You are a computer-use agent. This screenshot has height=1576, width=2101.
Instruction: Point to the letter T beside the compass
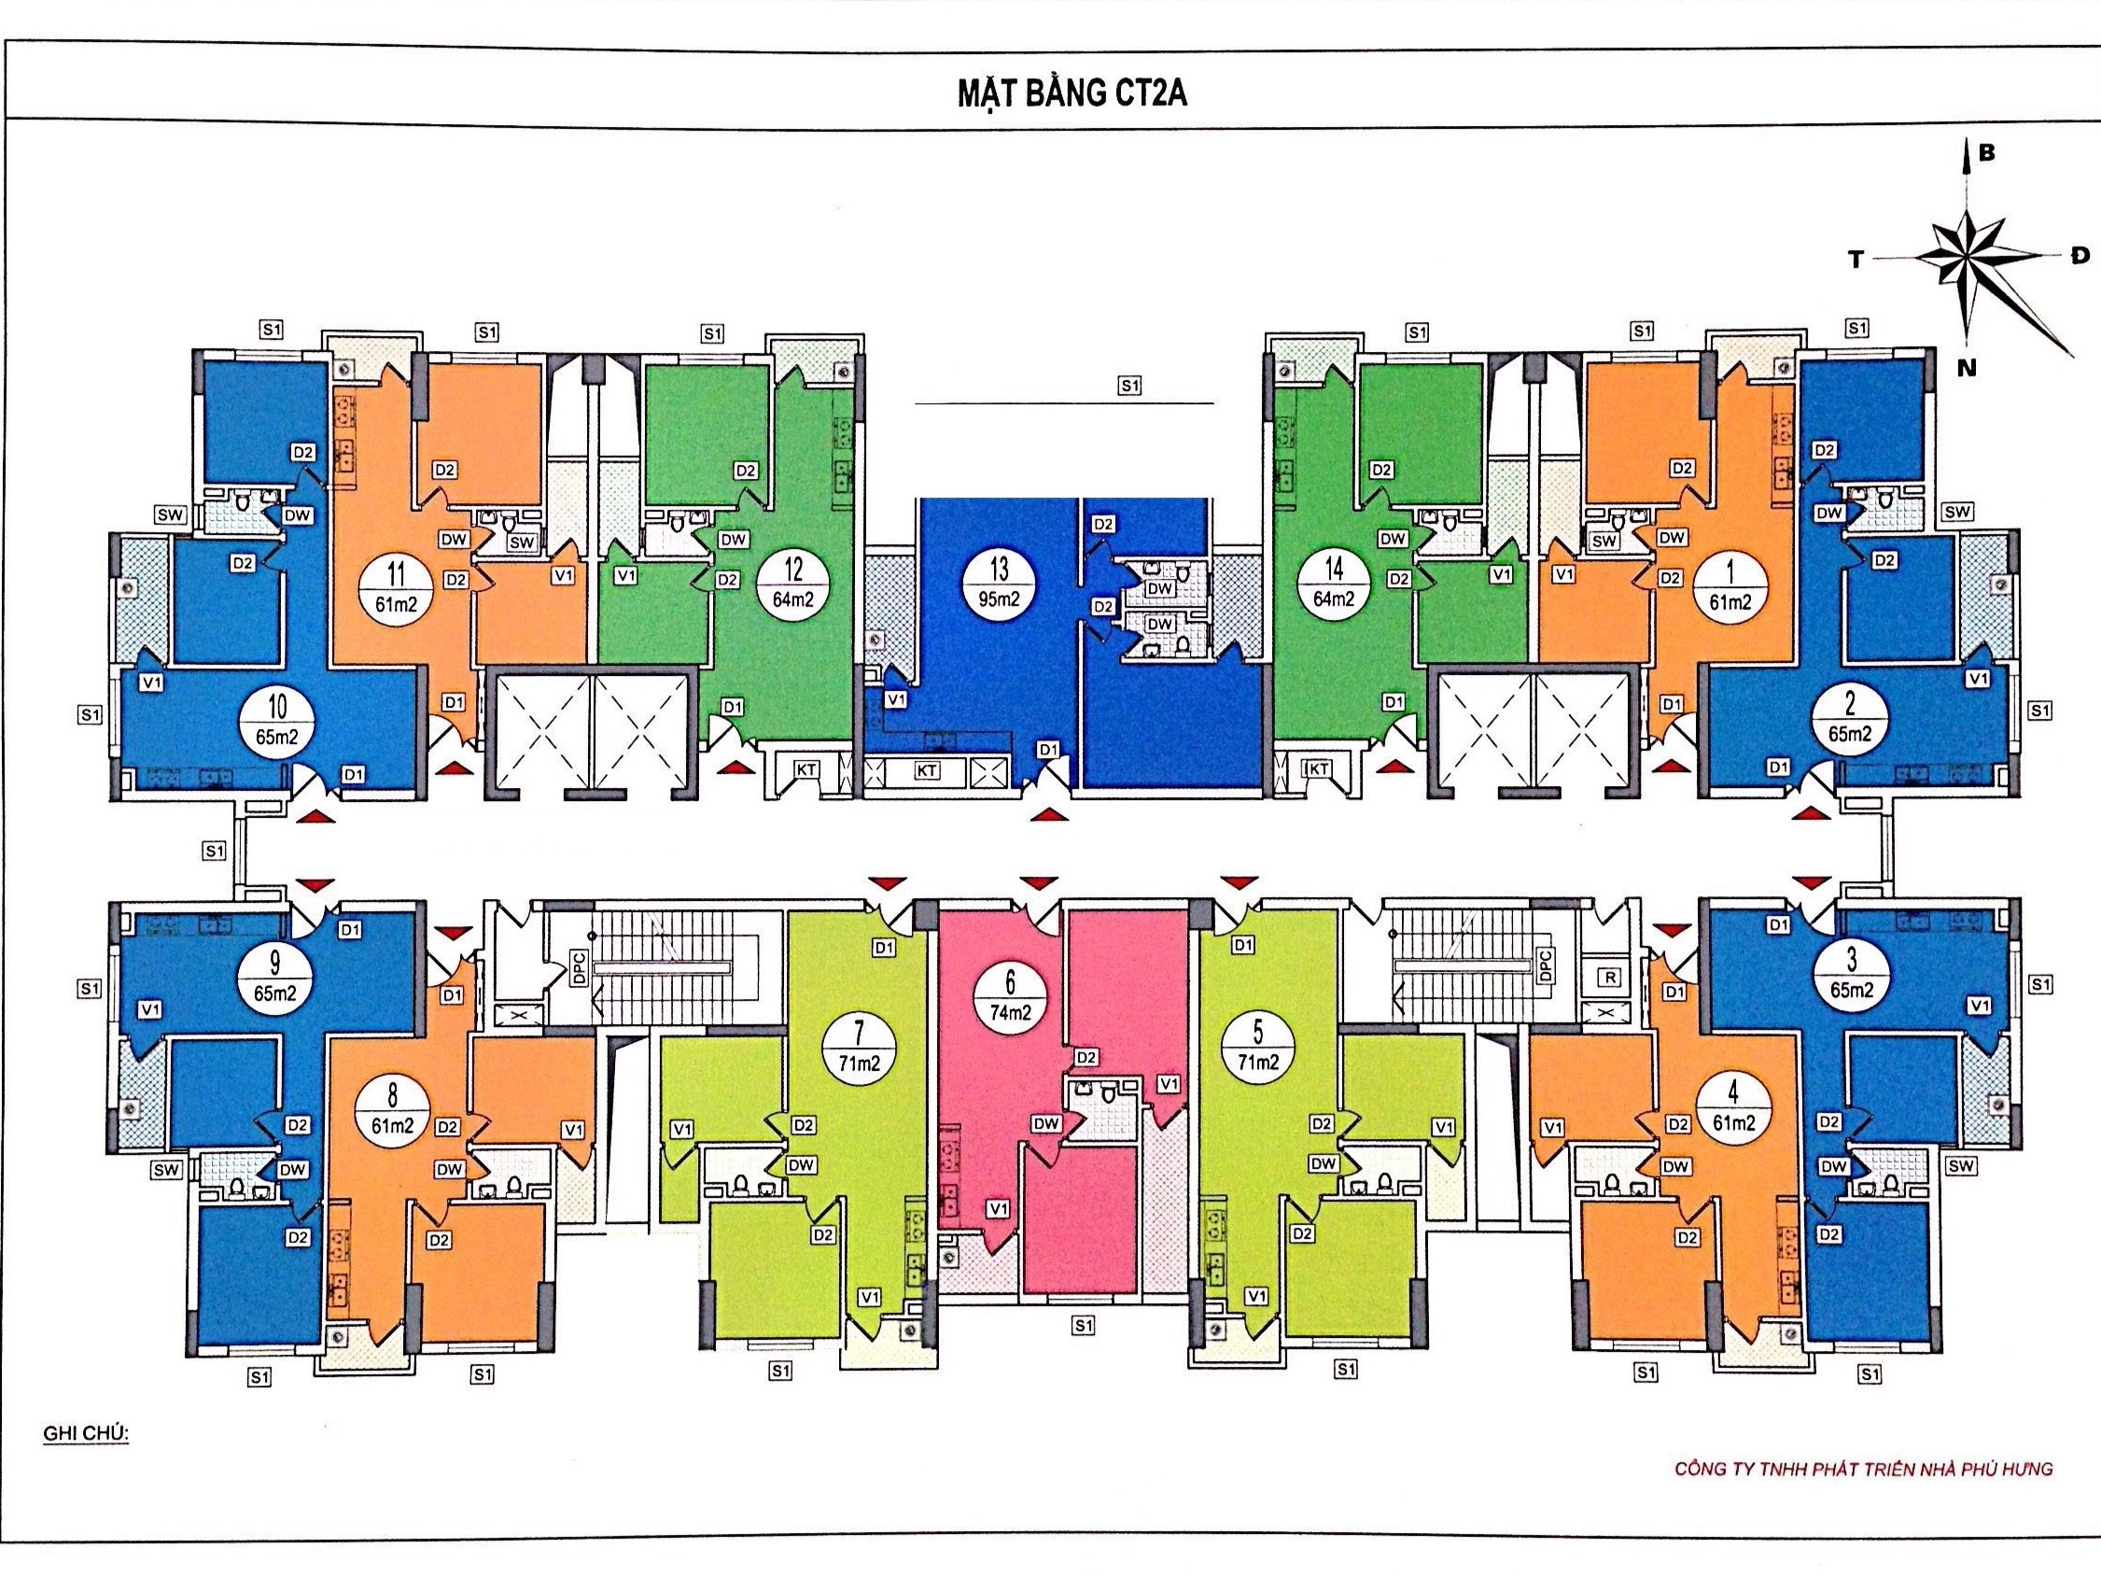(1856, 260)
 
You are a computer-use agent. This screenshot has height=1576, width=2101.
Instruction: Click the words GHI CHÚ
(87, 1433)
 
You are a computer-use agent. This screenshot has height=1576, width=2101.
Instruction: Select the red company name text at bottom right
(1864, 1469)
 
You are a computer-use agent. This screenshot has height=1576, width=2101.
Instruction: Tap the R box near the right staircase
(1607, 977)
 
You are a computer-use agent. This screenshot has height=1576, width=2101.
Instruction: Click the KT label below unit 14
(1317, 768)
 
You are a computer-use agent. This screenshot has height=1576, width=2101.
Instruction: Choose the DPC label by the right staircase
(1544, 966)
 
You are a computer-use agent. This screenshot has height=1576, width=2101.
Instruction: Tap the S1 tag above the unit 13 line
(1128, 386)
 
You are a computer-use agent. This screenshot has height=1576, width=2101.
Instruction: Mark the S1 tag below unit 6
(1083, 1325)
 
